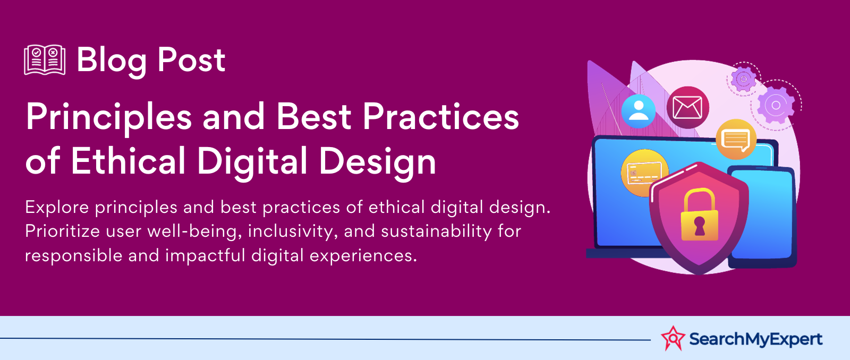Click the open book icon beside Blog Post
(45, 60)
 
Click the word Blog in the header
(112, 61)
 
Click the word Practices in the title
(440, 116)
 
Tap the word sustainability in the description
(436, 232)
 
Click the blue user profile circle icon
(638, 111)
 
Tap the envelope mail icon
(687, 107)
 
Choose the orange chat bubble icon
(736, 139)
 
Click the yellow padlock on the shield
(699, 215)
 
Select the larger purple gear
(776, 105)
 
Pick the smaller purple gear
(743, 79)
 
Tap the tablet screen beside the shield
(763, 216)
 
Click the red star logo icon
(673, 338)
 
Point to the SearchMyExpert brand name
(755, 339)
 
